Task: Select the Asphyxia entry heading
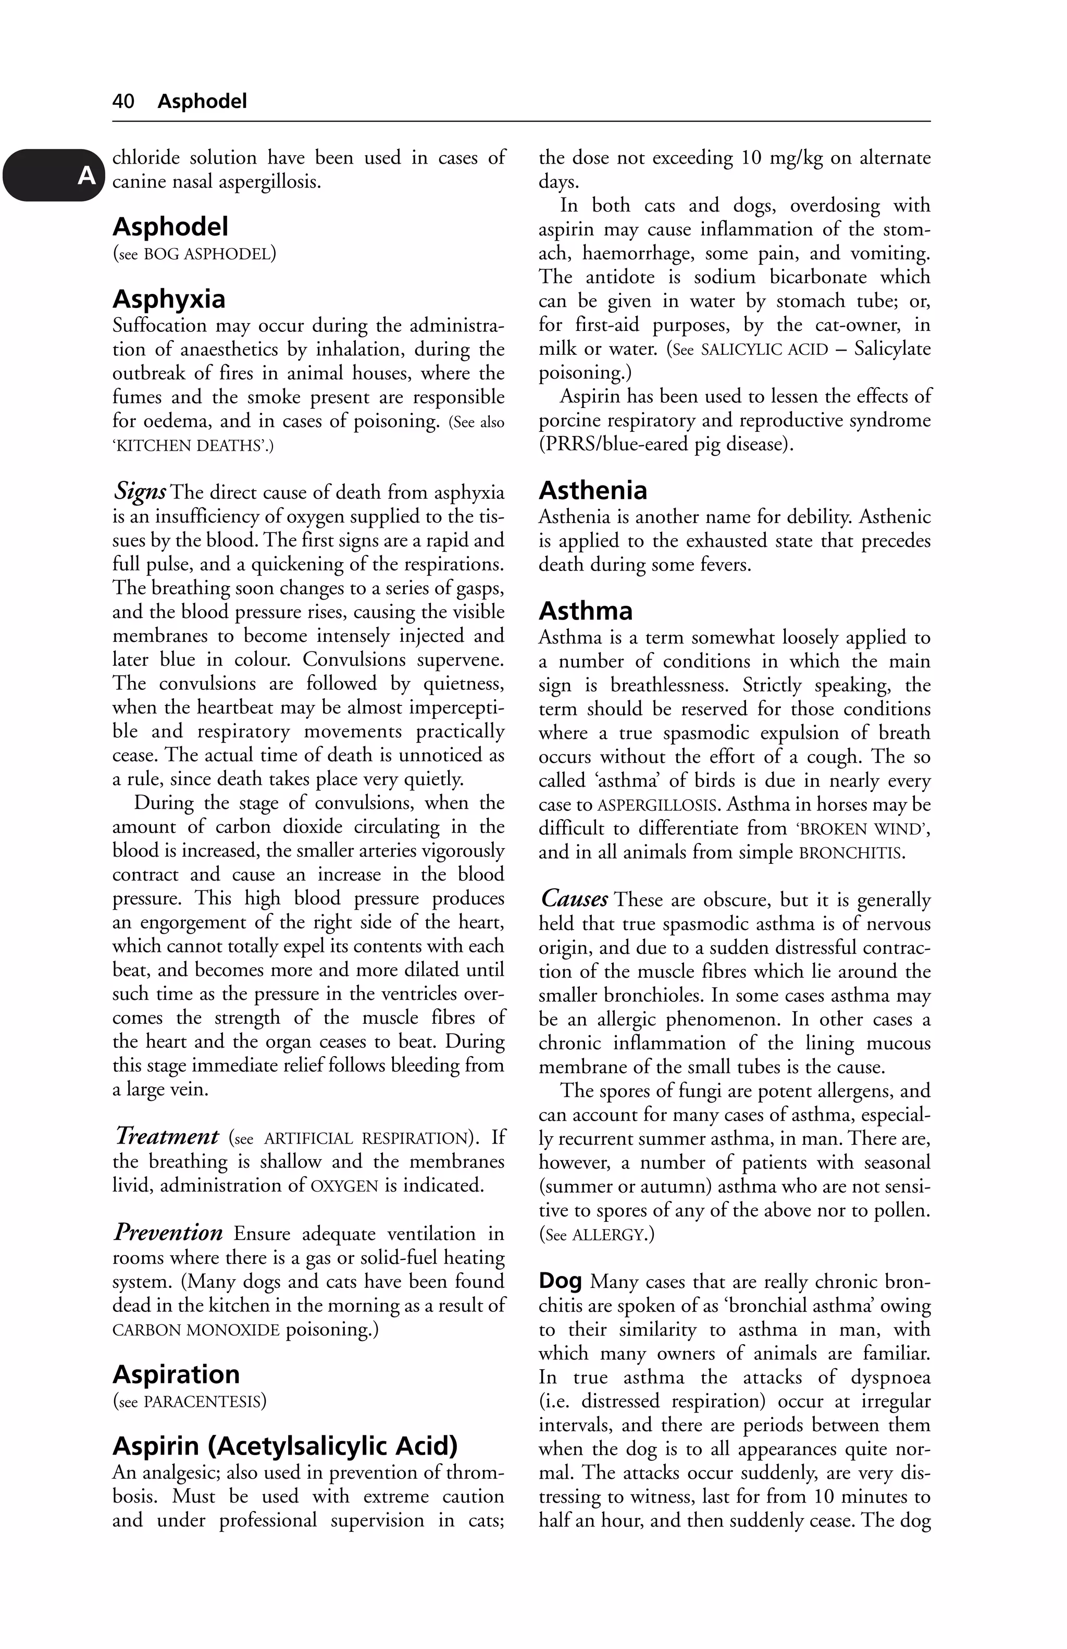(x=169, y=299)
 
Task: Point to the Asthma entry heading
(x=586, y=611)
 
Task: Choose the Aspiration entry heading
(x=176, y=1374)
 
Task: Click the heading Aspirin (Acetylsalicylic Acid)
(x=285, y=1445)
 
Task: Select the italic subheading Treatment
(x=166, y=1136)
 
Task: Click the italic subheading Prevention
(x=168, y=1233)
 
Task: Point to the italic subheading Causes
(x=574, y=899)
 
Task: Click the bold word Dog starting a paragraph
(x=560, y=1281)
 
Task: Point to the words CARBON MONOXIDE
(x=196, y=1330)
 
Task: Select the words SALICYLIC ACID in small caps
(x=764, y=349)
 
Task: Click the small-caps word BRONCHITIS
(x=851, y=853)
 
